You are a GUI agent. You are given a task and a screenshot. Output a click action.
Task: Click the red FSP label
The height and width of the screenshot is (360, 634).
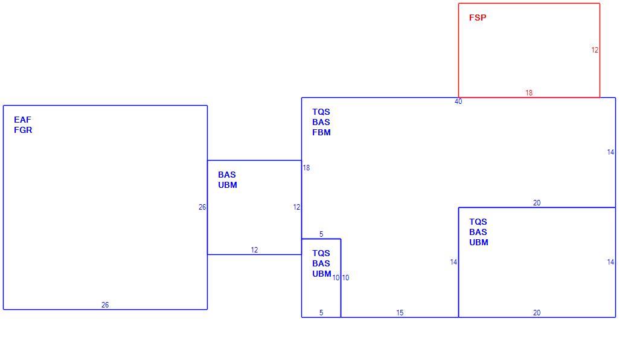click(x=478, y=18)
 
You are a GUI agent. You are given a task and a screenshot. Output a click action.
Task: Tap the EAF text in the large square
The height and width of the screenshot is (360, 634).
click(x=23, y=120)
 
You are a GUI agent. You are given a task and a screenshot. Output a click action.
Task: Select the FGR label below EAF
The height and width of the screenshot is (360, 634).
click(x=23, y=130)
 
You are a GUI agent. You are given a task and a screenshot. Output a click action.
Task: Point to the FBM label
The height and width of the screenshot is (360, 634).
click(x=321, y=132)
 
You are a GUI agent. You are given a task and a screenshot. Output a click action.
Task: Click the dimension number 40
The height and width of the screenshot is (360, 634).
click(x=458, y=101)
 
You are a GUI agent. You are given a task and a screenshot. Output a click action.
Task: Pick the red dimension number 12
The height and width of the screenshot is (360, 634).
click(x=595, y=50)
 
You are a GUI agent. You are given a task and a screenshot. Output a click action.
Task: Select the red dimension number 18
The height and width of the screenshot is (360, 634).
click(x=529, y=92)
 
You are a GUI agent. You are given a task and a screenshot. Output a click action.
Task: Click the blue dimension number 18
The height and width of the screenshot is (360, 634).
click(x=307, y=167)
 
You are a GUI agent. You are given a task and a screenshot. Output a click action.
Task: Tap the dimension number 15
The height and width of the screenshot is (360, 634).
click(x=400, y=313)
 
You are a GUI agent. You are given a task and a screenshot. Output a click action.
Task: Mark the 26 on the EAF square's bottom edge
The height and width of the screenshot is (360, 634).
click(x=105, y=305)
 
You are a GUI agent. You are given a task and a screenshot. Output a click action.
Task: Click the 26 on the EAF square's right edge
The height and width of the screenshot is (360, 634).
click(x=202, y=207)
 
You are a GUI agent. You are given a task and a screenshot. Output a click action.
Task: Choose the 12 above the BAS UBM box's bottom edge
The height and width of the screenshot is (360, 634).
click(x=254, y=250)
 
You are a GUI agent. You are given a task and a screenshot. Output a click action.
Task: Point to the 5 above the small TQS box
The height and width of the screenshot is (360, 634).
click(x=321, y=234)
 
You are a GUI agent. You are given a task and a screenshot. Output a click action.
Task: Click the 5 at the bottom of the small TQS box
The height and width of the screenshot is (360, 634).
click(x=321, y=313)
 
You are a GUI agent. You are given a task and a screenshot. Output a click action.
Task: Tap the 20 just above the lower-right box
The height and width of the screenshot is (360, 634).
click(x=537, y=203)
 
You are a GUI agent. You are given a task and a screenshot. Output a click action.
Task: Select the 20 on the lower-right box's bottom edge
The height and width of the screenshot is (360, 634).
click(x=537, y=313)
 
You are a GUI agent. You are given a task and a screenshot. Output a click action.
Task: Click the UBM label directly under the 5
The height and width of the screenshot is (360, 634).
click(x=322, y=274)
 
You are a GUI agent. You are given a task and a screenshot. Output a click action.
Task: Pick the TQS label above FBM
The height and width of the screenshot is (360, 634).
click(x=321, y=112)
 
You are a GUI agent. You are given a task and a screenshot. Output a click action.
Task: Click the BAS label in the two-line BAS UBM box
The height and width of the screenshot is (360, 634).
click(x=227, y=175)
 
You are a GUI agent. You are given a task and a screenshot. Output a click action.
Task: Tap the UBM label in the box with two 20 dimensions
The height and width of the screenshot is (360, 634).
click(x=479, y=242)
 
